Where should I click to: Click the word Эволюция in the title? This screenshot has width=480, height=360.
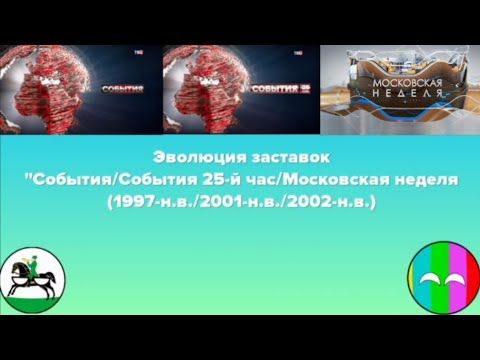(194, 158)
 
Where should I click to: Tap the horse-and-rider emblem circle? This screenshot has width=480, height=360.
(33, 275)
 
